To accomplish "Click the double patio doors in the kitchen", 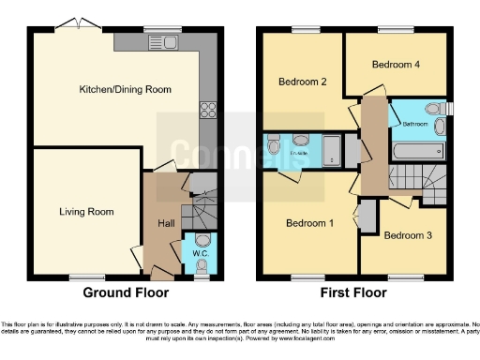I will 72,23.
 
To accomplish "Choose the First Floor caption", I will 353,292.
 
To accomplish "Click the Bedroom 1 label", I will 308,224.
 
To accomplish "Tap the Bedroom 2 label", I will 302,82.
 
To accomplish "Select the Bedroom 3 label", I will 408,235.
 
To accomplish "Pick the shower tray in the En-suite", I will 331,147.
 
